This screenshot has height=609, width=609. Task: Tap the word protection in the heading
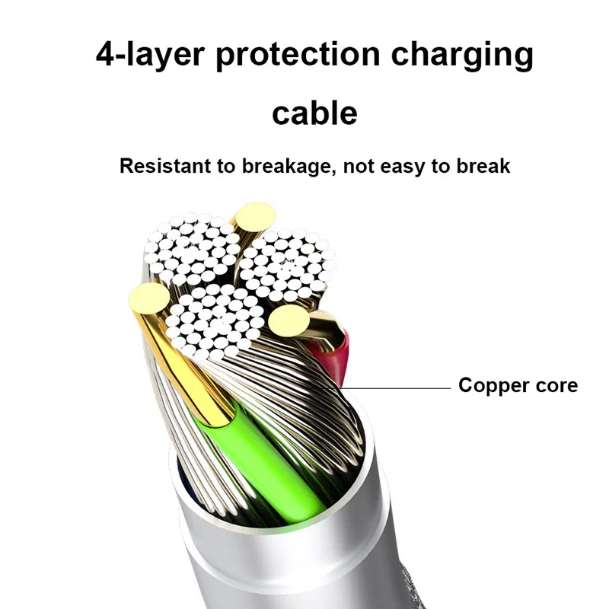point(297,56)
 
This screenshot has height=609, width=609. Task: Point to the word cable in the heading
point(314,113)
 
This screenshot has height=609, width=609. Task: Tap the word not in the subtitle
point(359,166)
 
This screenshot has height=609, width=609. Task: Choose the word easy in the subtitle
point(404,166)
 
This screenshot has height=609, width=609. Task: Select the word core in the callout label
point(553,385)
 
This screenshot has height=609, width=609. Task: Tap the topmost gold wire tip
point(254,217)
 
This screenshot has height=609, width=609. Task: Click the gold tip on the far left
point(148,297)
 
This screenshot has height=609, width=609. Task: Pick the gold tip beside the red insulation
point(289,319)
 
